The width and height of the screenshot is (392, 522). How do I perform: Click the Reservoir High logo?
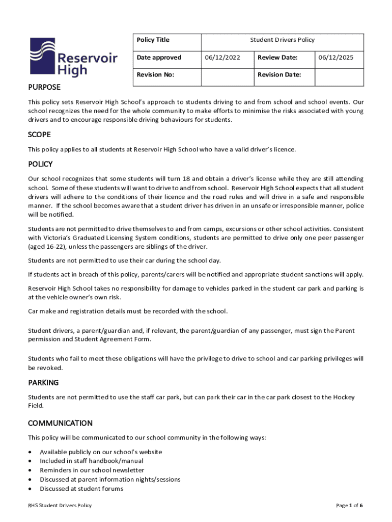[x=73, y=57]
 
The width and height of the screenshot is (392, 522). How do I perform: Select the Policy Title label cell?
[x=153, y=40]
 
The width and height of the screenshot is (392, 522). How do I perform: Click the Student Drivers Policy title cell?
[x=282, y=40]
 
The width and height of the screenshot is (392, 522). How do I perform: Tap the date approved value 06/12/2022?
[x=222, y=58]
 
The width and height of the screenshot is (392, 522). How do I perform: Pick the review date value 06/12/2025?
[x=335, y=58]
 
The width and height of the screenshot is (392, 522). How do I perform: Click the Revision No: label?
[x=155, y=75]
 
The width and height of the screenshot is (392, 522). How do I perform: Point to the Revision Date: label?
[x=279, y=75]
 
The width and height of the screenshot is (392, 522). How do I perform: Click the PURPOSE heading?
[x=44, y=87]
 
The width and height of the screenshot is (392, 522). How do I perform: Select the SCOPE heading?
[x=39, y=135]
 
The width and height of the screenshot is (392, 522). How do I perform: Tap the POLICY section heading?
[x=40, y=165]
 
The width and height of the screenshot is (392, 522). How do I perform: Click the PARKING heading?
[x=43, y=382]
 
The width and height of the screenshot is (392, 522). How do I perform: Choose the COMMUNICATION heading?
[x=60, y=423]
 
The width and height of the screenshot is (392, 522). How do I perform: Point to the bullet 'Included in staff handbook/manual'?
[x=91, y=461]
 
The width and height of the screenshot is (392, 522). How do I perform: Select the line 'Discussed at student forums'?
[x=81, y=489]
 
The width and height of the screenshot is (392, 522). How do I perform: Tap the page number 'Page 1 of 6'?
[x=349, y=506]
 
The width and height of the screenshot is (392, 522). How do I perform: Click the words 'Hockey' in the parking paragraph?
[x=344, y=397]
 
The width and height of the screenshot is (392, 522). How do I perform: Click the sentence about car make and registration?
[x=128, y=311]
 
